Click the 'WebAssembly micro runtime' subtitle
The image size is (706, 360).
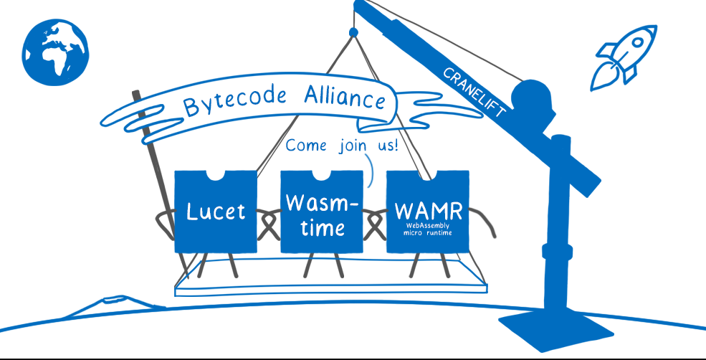428,232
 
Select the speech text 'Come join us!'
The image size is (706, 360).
342,146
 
